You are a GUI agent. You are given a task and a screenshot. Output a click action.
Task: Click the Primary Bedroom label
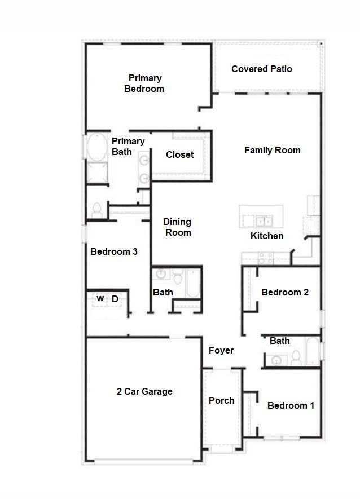144,83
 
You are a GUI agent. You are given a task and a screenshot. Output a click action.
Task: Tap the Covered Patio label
262,69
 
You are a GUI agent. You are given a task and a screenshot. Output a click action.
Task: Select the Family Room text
272,150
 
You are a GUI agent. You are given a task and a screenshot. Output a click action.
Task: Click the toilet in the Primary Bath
96,210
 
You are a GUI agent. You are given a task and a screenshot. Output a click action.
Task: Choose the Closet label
179,154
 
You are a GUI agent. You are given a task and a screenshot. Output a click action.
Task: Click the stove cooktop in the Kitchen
266,258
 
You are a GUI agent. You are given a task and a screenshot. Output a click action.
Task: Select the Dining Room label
178,227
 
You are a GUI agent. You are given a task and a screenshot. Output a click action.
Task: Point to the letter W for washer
100,299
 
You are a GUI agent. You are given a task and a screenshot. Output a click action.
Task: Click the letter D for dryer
115,299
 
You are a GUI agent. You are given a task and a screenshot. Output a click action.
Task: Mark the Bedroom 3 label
113,251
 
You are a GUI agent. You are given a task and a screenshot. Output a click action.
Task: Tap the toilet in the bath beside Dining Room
178,277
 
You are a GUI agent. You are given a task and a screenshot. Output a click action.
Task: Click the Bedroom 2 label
285,292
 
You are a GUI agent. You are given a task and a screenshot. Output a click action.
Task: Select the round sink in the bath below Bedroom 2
276,360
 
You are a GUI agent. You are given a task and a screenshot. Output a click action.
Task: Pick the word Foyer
221,350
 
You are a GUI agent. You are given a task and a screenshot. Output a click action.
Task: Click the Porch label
222,400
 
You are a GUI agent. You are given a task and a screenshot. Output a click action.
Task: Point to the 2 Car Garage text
144,391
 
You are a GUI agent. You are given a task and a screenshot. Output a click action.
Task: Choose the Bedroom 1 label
291,405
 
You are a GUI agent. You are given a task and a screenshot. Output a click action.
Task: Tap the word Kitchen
267,236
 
